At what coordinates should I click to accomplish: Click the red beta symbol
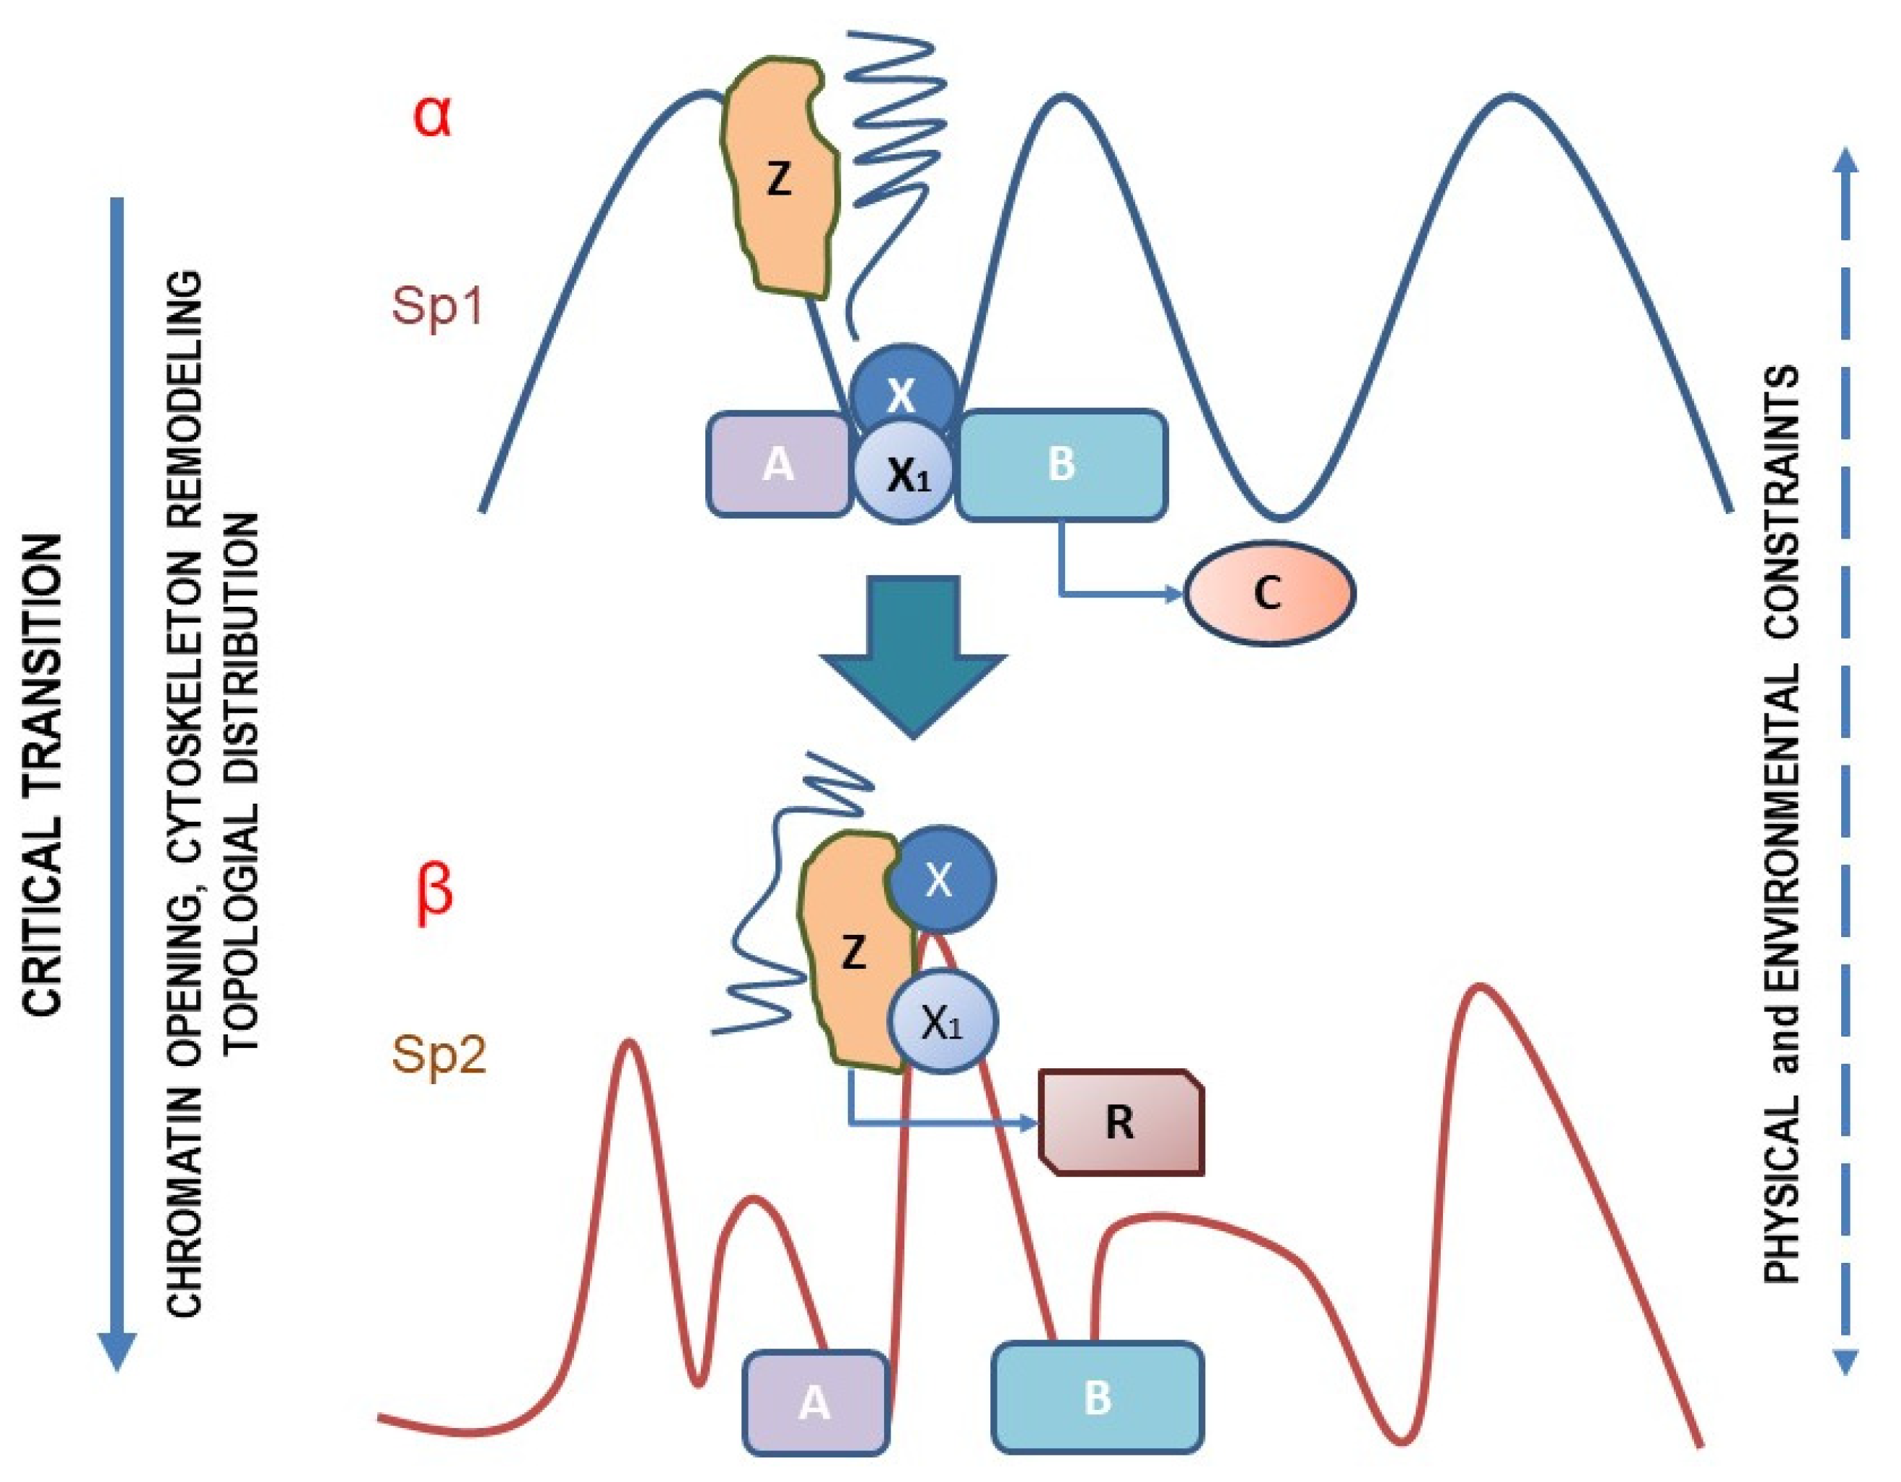pos(434,895)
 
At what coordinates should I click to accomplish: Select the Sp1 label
pos(437,306)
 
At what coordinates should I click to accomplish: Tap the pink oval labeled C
pos(1269,593)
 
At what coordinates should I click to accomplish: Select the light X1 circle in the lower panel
pos(943,1024)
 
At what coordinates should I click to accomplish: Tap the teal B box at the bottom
pos(1098,1398)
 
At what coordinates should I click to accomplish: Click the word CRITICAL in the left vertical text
pos(43,931)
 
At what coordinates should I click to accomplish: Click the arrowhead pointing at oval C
pos(1174,595)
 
